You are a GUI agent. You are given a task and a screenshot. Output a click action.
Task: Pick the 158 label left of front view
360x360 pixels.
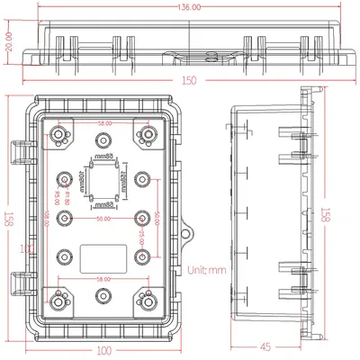(x=7, y=216)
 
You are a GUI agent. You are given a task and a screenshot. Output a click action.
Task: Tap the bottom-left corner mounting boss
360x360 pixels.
(x=60, y=302)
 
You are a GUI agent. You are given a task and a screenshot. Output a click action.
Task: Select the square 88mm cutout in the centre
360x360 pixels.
(x=105, y=184)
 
